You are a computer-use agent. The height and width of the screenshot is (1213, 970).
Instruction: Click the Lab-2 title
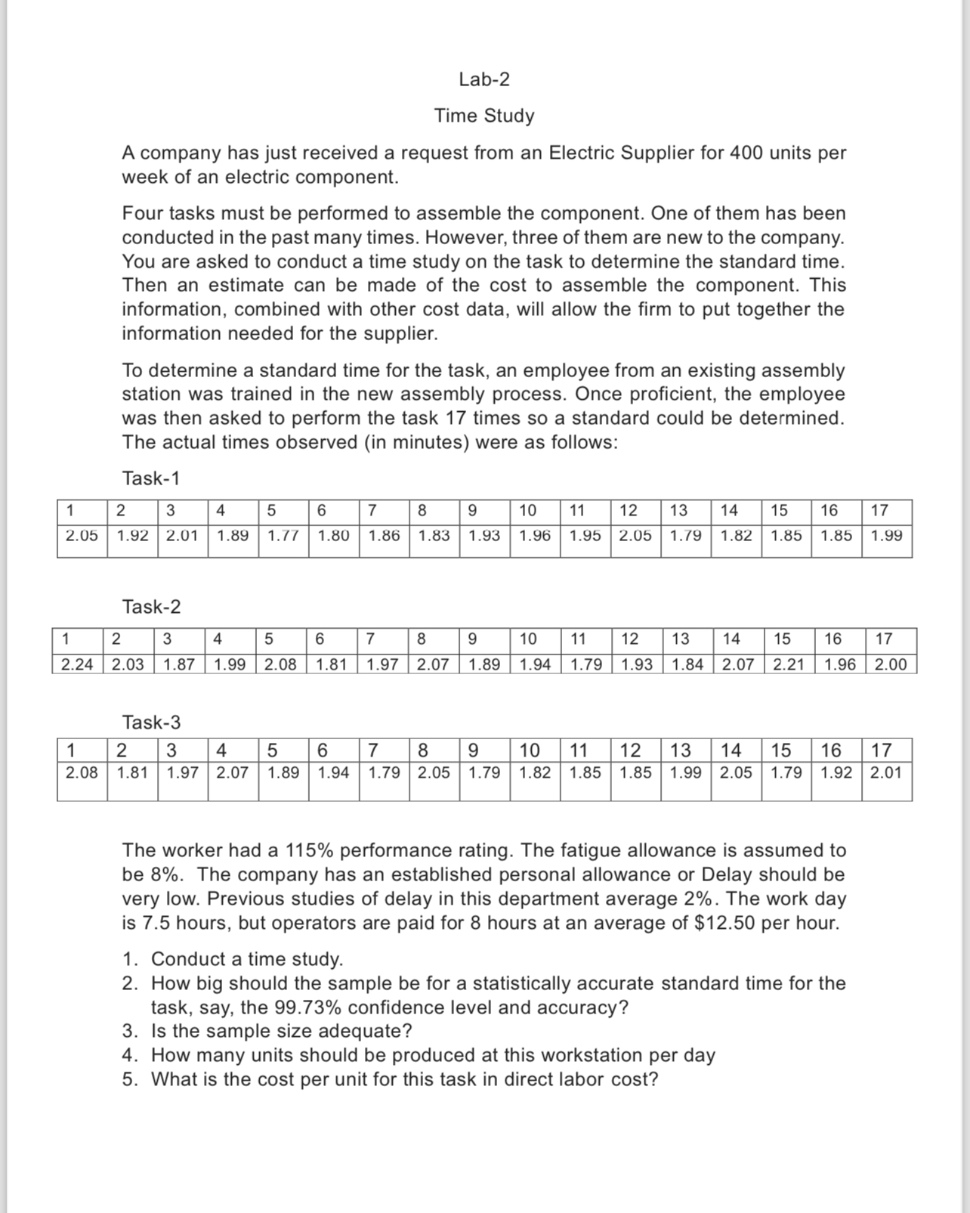click(x=484, y=79)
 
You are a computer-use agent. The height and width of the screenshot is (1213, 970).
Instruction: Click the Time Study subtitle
click(x=484, y=116)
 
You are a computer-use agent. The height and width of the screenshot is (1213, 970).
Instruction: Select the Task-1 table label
click(x=151, y=478)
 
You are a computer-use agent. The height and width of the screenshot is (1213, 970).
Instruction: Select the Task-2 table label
click(x=151, y=607)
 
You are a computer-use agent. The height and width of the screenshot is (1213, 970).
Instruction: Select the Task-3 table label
click(x=151, y=723)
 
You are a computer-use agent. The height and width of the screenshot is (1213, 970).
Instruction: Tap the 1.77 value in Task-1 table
click(x=283, y=536)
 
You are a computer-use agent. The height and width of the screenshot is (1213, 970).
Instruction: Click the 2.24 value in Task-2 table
click(x=77, y=665)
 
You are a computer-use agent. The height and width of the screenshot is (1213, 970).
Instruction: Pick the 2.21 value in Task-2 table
click(x=789, y=665)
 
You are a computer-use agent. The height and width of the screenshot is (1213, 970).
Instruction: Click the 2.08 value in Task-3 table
click(x=82, y=773)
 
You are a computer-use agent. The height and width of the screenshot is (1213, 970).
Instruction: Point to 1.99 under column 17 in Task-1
click(x=886, y=536)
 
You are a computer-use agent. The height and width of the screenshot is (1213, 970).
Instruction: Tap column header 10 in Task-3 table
click(x=530, y=750)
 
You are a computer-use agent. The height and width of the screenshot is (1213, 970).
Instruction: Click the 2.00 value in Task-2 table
click(x=891, y=665)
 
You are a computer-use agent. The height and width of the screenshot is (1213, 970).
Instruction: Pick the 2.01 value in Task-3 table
click(x=886, y=773)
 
